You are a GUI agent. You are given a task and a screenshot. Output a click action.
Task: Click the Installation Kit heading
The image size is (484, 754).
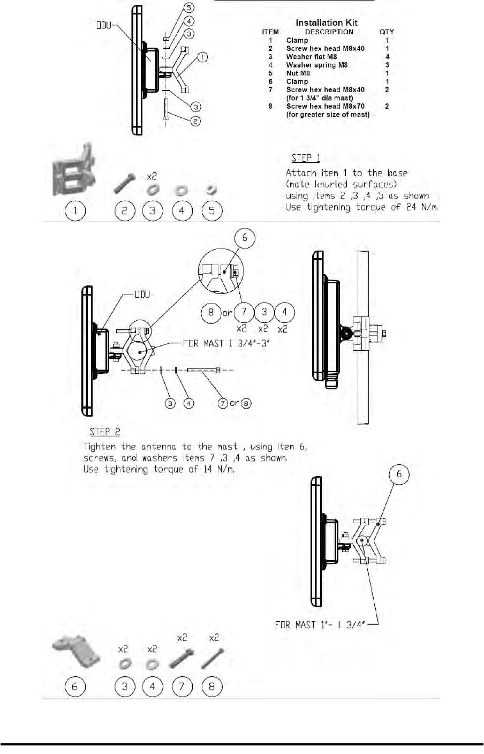(327, 22)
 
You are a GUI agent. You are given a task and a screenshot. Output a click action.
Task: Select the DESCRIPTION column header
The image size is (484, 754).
(329, 32)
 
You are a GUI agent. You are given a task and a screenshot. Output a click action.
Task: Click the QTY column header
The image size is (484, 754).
(387, 32)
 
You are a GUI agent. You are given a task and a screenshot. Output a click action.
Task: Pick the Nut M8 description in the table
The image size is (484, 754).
(298, 73)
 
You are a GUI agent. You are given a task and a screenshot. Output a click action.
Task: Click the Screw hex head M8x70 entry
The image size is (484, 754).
(325, 106)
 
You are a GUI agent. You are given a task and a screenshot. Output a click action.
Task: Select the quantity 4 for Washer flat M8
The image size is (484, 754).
(387, 57)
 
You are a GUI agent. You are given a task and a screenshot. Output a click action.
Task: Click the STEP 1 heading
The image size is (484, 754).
(306, 159)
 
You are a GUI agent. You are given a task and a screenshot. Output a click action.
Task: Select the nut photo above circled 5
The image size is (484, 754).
(211, 190)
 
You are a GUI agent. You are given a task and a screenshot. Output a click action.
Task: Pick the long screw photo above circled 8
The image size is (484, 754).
(213, 659)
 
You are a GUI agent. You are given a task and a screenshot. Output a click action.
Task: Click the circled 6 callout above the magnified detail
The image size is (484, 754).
(245, 237)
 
